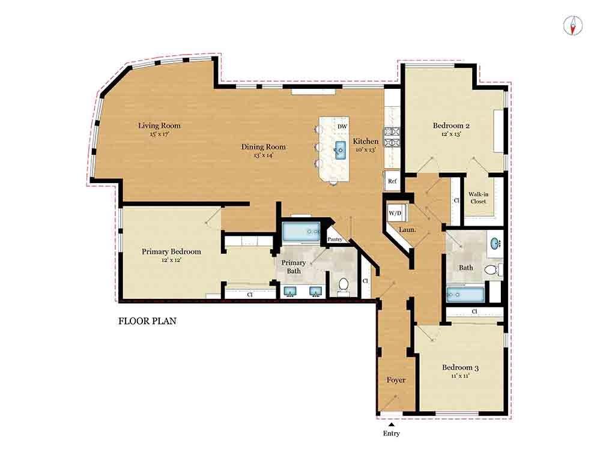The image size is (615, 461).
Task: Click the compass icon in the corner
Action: point(574,25)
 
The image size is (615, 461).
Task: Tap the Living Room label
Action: point(159,126)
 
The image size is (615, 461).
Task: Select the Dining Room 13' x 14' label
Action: point(263,151)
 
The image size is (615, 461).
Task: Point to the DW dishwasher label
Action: point(342,127)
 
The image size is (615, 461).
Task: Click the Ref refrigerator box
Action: point(392,181)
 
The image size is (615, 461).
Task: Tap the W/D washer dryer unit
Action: point(395,213)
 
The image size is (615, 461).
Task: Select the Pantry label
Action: point(335,240)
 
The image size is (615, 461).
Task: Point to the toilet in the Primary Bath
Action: point(344,285)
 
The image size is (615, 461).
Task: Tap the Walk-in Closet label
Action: point(478,197)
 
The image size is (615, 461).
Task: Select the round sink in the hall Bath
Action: point(495,244)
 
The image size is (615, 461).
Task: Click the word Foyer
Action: point(396,380)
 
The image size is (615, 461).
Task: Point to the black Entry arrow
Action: point(391,424)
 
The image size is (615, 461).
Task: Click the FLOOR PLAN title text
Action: point(147,321)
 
